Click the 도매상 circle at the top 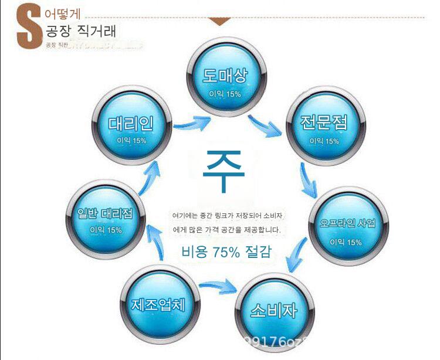tap(225, 82)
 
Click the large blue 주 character tap(224, 170)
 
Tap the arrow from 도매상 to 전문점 tap(265, 125)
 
